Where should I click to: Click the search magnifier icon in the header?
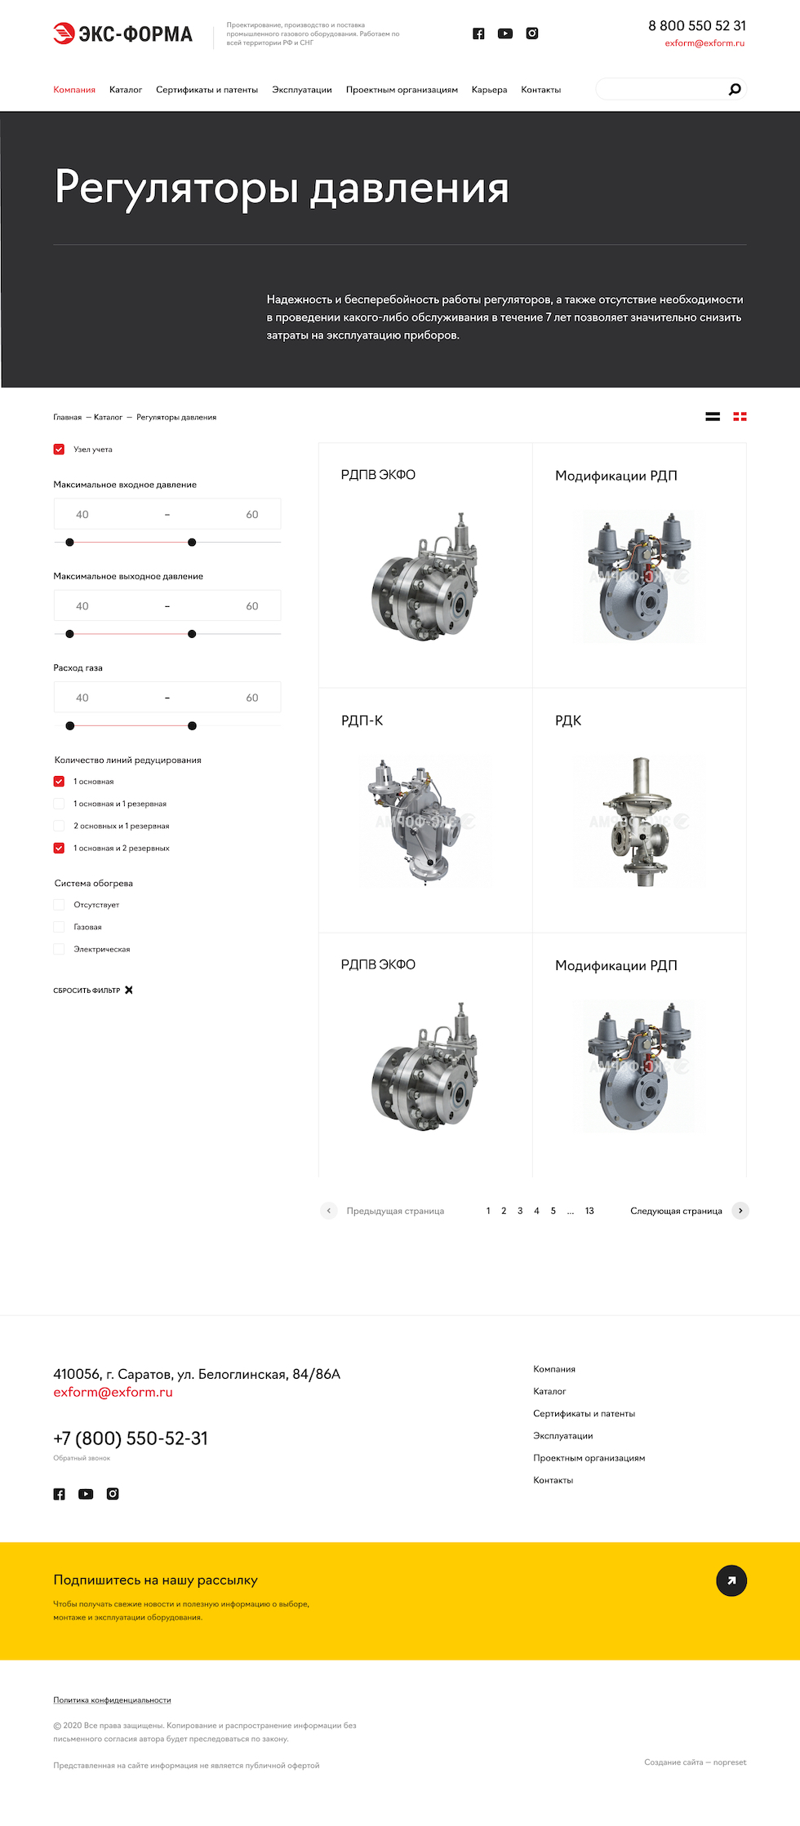735,89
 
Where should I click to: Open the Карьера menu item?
489,90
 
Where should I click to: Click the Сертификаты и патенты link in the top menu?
207,90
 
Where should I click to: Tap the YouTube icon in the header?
505,33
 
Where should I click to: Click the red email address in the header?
704,43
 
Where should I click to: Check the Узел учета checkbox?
59,450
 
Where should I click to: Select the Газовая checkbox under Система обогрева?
59,927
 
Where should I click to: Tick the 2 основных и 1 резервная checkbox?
59,826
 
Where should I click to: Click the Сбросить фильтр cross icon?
129,991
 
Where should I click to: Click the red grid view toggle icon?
740,417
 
